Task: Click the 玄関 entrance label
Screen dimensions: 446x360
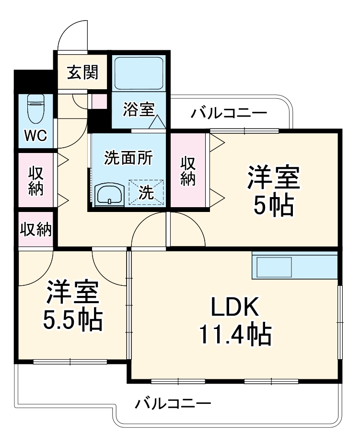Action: pos(82,72)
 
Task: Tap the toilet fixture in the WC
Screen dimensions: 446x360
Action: pos(36,108)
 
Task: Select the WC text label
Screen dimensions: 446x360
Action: pos(36,136)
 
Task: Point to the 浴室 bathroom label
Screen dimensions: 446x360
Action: pos(139,110)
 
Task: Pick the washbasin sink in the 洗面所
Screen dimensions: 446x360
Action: pos(109,194)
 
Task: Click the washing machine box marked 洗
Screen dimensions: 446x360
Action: pos(146,192)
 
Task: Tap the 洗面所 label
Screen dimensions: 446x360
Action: pos(128,158)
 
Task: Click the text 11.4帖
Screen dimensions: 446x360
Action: pos(235,334)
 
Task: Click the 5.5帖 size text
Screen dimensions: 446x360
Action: pos(73,320)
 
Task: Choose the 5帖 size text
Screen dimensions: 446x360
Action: pos(274,205)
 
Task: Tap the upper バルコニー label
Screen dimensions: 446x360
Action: pos(229,114)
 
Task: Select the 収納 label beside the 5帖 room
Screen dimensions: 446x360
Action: pos(188,171)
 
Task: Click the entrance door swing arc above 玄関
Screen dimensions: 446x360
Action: pos(72,35)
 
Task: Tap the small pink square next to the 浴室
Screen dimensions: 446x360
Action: pos(100,102)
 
